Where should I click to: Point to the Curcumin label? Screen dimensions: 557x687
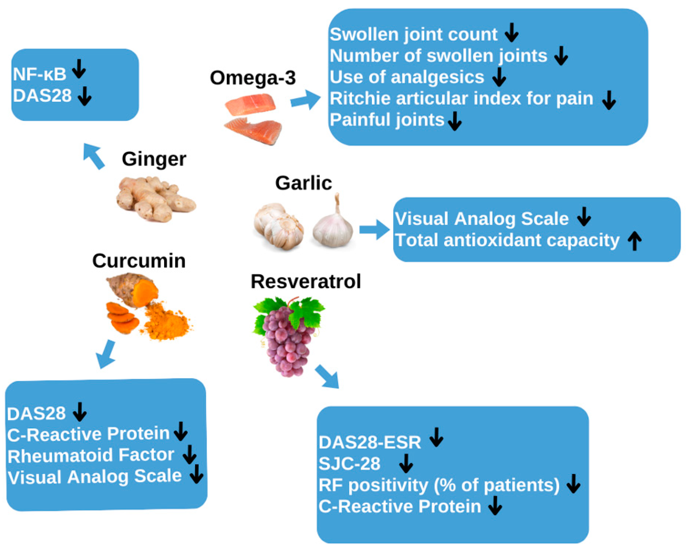point(139,261)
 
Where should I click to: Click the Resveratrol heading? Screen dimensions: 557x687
point(306,281)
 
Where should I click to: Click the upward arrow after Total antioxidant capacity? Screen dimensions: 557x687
point(634,241)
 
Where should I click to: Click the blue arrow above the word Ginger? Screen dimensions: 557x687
point(94,156)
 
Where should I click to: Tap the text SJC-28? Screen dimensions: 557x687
point(349,464)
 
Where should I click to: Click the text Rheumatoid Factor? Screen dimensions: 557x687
point(91,456)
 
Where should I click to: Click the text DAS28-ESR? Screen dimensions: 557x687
point(369,442)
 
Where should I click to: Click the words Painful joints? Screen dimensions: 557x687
point(387,120)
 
